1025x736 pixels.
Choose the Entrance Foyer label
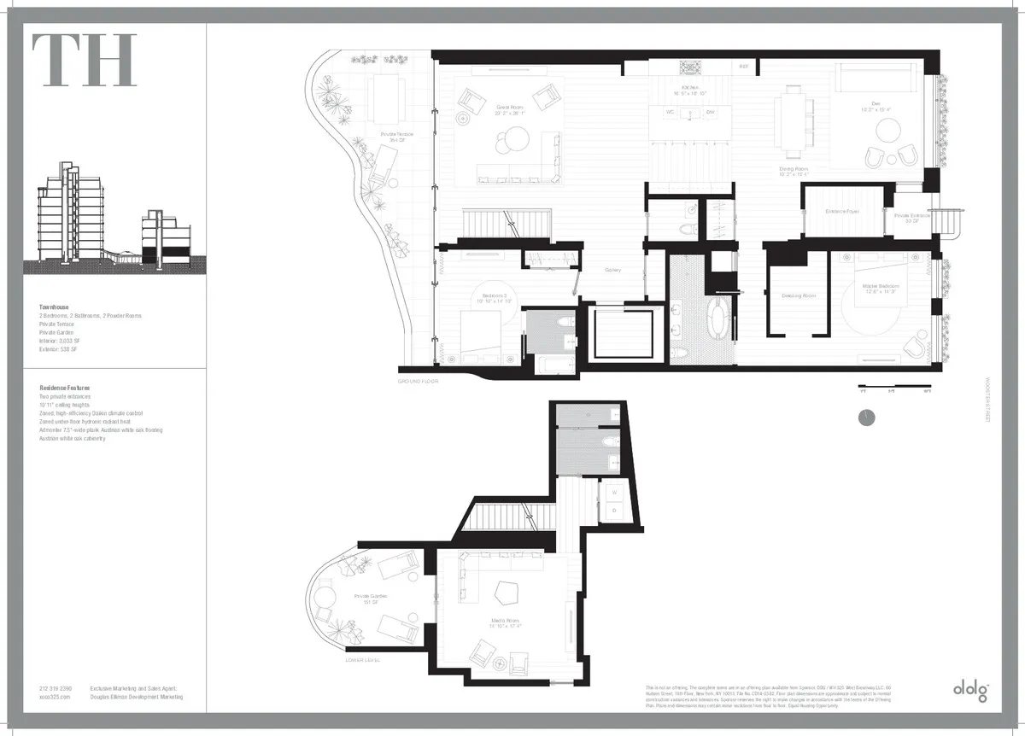[841, 211]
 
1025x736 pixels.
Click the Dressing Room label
[799, 296]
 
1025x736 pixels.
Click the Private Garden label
[371, 599]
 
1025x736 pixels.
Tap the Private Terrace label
[397, 137]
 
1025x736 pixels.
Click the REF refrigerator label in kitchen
[743, 66]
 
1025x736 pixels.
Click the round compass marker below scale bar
[865, 418]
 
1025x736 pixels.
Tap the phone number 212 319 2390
[56, 689]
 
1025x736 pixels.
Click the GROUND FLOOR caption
[419, 382]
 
